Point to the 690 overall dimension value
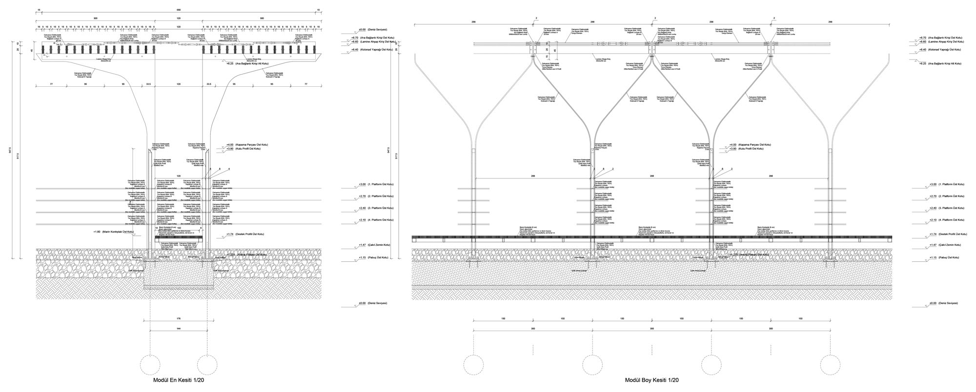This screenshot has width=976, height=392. (178, 10)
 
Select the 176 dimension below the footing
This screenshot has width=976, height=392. (178, 319)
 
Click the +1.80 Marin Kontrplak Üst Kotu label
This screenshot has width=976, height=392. (113, 232)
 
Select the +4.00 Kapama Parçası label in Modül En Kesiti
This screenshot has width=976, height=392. (244, 145)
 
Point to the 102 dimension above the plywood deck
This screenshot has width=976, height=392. (179, 228)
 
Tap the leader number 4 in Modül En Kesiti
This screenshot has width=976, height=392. (228, 169)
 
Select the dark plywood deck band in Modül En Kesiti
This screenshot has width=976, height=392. (179, 238)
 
